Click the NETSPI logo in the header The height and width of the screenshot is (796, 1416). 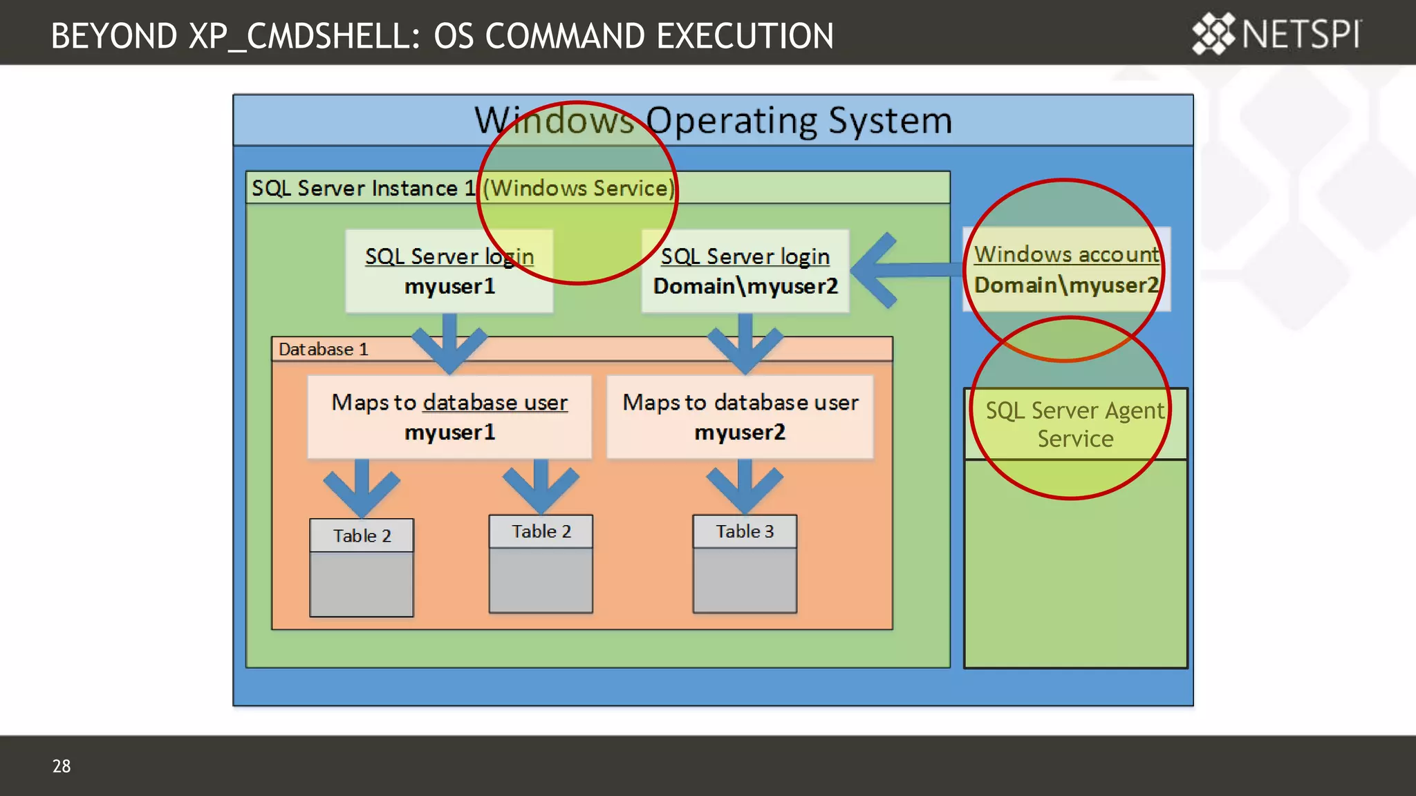1276,33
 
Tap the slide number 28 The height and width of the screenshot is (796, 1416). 61,766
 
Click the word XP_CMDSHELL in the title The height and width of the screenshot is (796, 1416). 304,36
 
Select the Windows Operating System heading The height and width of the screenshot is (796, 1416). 713,120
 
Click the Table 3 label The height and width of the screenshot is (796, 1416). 745,531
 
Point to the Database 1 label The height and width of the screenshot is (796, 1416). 323,349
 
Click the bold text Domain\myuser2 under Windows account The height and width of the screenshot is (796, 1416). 1065,285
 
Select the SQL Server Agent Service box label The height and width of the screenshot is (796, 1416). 1075,424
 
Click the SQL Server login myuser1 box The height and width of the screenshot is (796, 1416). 449,271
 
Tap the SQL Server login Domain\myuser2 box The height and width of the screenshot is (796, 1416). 745,271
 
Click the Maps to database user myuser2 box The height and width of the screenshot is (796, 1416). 740,417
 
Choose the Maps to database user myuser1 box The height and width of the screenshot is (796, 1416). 449,417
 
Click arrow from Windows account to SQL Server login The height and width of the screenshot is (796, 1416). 899,269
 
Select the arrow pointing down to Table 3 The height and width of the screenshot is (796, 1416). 745,487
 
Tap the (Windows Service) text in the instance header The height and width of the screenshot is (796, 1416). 578,188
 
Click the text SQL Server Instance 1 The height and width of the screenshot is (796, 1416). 363,188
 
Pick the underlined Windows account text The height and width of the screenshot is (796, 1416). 1065,254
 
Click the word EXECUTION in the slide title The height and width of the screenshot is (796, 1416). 745,36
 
